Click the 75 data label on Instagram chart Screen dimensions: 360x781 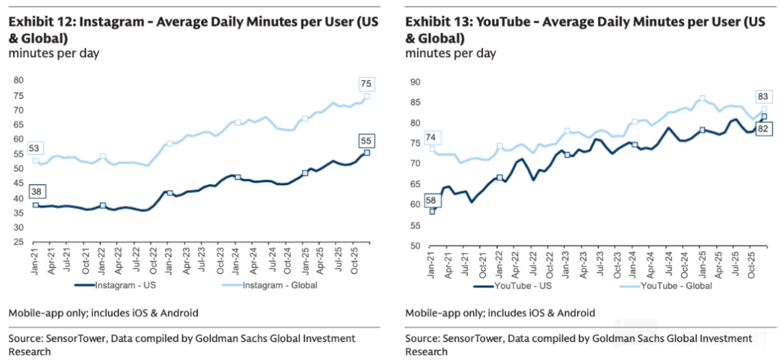coord(366,85)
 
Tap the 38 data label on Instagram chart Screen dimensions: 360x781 coord(35,192)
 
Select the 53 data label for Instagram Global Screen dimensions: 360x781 coord(34,149)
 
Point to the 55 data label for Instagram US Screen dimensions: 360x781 coord(366,141)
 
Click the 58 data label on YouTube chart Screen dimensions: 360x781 coord(432,200)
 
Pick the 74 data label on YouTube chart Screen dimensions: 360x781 coord(432,137)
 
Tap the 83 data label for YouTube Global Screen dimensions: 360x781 coord(764,96)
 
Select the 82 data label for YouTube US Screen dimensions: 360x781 coord(764,129)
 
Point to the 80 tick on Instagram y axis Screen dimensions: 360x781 coord(19,80)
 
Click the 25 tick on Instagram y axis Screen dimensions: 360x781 coord(19,242)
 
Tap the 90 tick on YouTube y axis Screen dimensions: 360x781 coord(416,82)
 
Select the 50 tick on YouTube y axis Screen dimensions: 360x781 coord(416,245)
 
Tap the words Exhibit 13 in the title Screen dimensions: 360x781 coord(436,22)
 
